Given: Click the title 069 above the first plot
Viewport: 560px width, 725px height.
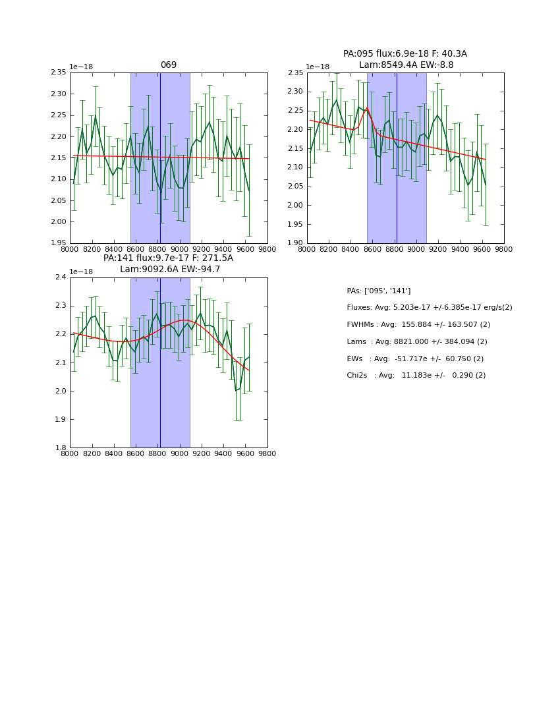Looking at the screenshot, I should point(169,65).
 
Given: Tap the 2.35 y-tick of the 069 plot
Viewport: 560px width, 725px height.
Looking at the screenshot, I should point(59,72).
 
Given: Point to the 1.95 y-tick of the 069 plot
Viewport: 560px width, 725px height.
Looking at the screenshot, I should point(59,243).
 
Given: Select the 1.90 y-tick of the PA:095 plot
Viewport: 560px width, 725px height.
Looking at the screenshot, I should point(296,243).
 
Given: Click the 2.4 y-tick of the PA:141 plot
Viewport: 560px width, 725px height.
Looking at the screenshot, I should point(61,277).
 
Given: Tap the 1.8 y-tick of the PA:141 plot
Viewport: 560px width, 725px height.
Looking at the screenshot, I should point(61,448).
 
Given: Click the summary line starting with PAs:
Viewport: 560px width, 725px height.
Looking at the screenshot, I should point(378,291).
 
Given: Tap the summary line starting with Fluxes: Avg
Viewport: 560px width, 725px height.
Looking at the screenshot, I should point(429,308).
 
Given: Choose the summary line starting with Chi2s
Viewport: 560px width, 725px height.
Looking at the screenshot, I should point(416,376).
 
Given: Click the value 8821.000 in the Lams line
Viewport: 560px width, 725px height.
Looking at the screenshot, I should point(412,342).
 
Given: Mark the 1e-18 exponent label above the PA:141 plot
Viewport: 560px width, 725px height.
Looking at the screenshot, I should point(81,272).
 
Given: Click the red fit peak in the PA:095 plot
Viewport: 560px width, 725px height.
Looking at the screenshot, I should point(367,108).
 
